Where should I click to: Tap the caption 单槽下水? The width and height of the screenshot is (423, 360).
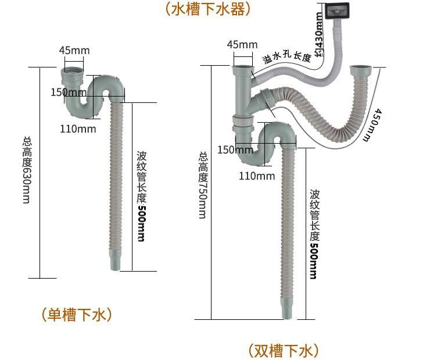(77, 315)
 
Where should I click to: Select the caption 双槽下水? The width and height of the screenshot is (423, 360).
(284, 351)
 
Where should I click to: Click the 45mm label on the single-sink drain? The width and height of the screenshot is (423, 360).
(74, 51)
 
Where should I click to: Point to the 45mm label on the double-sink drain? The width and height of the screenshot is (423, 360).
(242, 45)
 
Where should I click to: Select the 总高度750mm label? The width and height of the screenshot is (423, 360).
(202, 186)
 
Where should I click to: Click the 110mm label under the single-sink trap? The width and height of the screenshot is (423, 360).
(78, 129)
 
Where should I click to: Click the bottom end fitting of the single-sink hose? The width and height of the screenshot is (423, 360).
(116, 259)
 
